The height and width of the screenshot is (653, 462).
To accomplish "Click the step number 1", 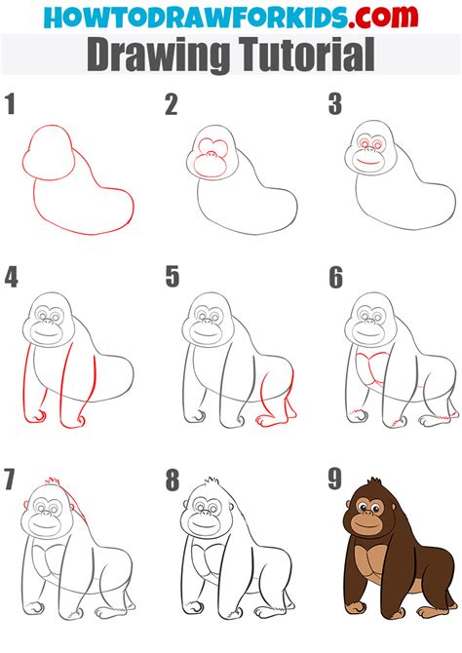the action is click(10, 104).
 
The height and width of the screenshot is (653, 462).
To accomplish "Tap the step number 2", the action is click(172, 104).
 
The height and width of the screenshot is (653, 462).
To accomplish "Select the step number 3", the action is click(335, 104).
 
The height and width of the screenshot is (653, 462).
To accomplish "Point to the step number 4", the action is click(12, 278).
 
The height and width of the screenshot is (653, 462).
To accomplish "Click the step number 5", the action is click(173, 278).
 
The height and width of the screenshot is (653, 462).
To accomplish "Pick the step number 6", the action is click(335, 278).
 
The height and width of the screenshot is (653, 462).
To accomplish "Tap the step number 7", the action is click(10, 480).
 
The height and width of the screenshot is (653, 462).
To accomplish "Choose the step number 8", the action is click(173, 480).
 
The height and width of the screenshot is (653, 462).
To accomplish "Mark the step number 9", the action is click(335, 480).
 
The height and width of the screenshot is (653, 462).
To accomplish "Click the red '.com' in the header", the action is click(383, 17).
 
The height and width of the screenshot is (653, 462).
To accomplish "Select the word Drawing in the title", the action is click(159, 56).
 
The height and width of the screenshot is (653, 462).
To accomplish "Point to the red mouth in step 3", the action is click(367, 161).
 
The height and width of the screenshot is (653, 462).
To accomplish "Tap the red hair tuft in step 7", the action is click(52, 480).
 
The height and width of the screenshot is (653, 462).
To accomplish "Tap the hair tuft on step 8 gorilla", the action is click(212, 481).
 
